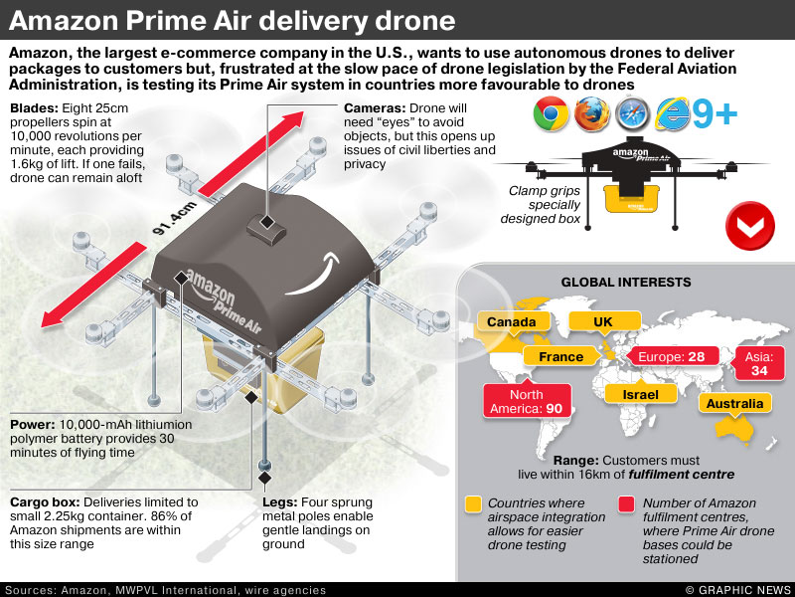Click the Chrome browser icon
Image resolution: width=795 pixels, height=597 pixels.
551,115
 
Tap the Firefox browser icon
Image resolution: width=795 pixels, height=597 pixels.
593,115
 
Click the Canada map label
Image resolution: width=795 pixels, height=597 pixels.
512,321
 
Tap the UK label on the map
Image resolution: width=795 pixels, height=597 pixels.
602,321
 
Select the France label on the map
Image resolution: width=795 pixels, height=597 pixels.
560,356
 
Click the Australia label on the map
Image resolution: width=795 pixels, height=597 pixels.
735,403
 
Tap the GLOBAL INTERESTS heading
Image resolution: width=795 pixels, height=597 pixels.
625,283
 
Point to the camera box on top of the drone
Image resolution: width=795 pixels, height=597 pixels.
267,227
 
